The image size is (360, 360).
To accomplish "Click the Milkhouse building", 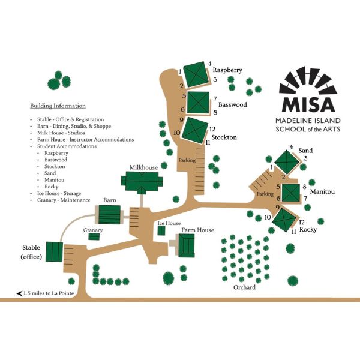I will pos(142,180).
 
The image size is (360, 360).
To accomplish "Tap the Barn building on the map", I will pos(109,213).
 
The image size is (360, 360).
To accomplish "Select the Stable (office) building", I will pos(54,250).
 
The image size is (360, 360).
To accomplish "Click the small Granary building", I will pos(94,236).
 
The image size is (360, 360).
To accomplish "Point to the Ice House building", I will pos(161,230).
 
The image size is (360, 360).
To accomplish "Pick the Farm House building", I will pos(187,245).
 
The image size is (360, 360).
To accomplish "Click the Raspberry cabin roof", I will pos(194,75).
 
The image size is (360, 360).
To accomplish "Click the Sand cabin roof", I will pos(286,161).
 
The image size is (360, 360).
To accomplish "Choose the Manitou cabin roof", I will pos(291,193).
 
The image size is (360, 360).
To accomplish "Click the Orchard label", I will pos(245,287).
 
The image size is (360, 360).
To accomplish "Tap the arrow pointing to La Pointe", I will pos(20,293).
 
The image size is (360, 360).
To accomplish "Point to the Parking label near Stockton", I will pos(187,160).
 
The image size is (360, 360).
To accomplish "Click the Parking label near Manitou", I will pos(265,194).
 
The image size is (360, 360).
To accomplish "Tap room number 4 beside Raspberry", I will pos(209,64).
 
